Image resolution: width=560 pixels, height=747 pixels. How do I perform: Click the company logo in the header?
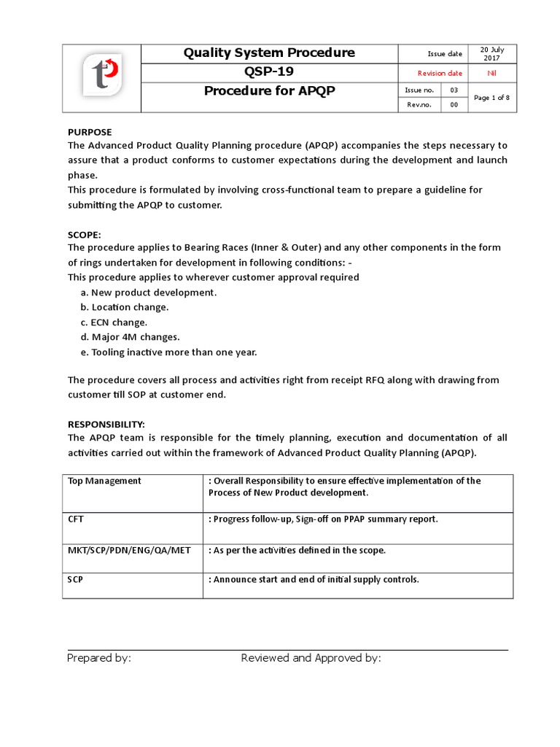click(x=101, y=78)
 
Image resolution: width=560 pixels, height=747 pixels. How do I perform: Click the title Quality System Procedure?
click(x=269, y=53)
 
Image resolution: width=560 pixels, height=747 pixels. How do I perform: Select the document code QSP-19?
click(x=269, y=72)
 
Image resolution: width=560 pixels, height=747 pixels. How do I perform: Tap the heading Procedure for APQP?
click(x=269, y=91)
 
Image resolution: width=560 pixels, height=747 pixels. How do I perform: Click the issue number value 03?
click(x=454, y=90)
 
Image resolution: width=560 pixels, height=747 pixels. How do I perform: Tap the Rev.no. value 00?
click(x=454, y=105)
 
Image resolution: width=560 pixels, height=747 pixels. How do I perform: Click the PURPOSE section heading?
click(x=90, y=132)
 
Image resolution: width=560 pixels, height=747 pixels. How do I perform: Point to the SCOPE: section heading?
click(x=85, y=234)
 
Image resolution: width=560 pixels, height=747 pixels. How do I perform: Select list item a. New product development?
click(x=149, y=293)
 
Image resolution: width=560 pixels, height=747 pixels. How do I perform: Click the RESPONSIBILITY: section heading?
click(x=106, y=424)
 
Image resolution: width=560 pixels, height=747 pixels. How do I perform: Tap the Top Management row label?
click(x=104, y=481)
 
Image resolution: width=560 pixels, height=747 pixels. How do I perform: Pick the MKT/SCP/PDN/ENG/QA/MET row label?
click(x=129, y=550)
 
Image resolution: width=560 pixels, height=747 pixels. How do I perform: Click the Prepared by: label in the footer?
click(x=99, y=658)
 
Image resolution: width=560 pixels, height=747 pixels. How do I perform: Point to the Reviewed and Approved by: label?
click(x=311, y=658)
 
